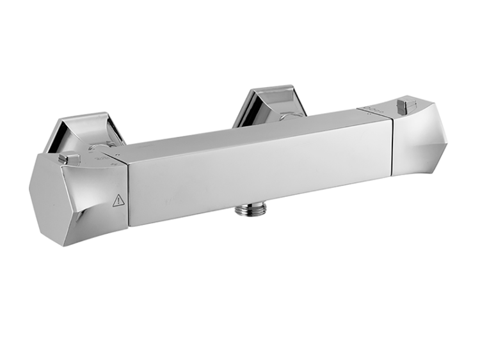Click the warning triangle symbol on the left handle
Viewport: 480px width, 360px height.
tap(118, 201)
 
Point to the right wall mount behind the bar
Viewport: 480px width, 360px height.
tap(269, 102)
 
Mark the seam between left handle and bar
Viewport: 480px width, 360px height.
tap(127, 192)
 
